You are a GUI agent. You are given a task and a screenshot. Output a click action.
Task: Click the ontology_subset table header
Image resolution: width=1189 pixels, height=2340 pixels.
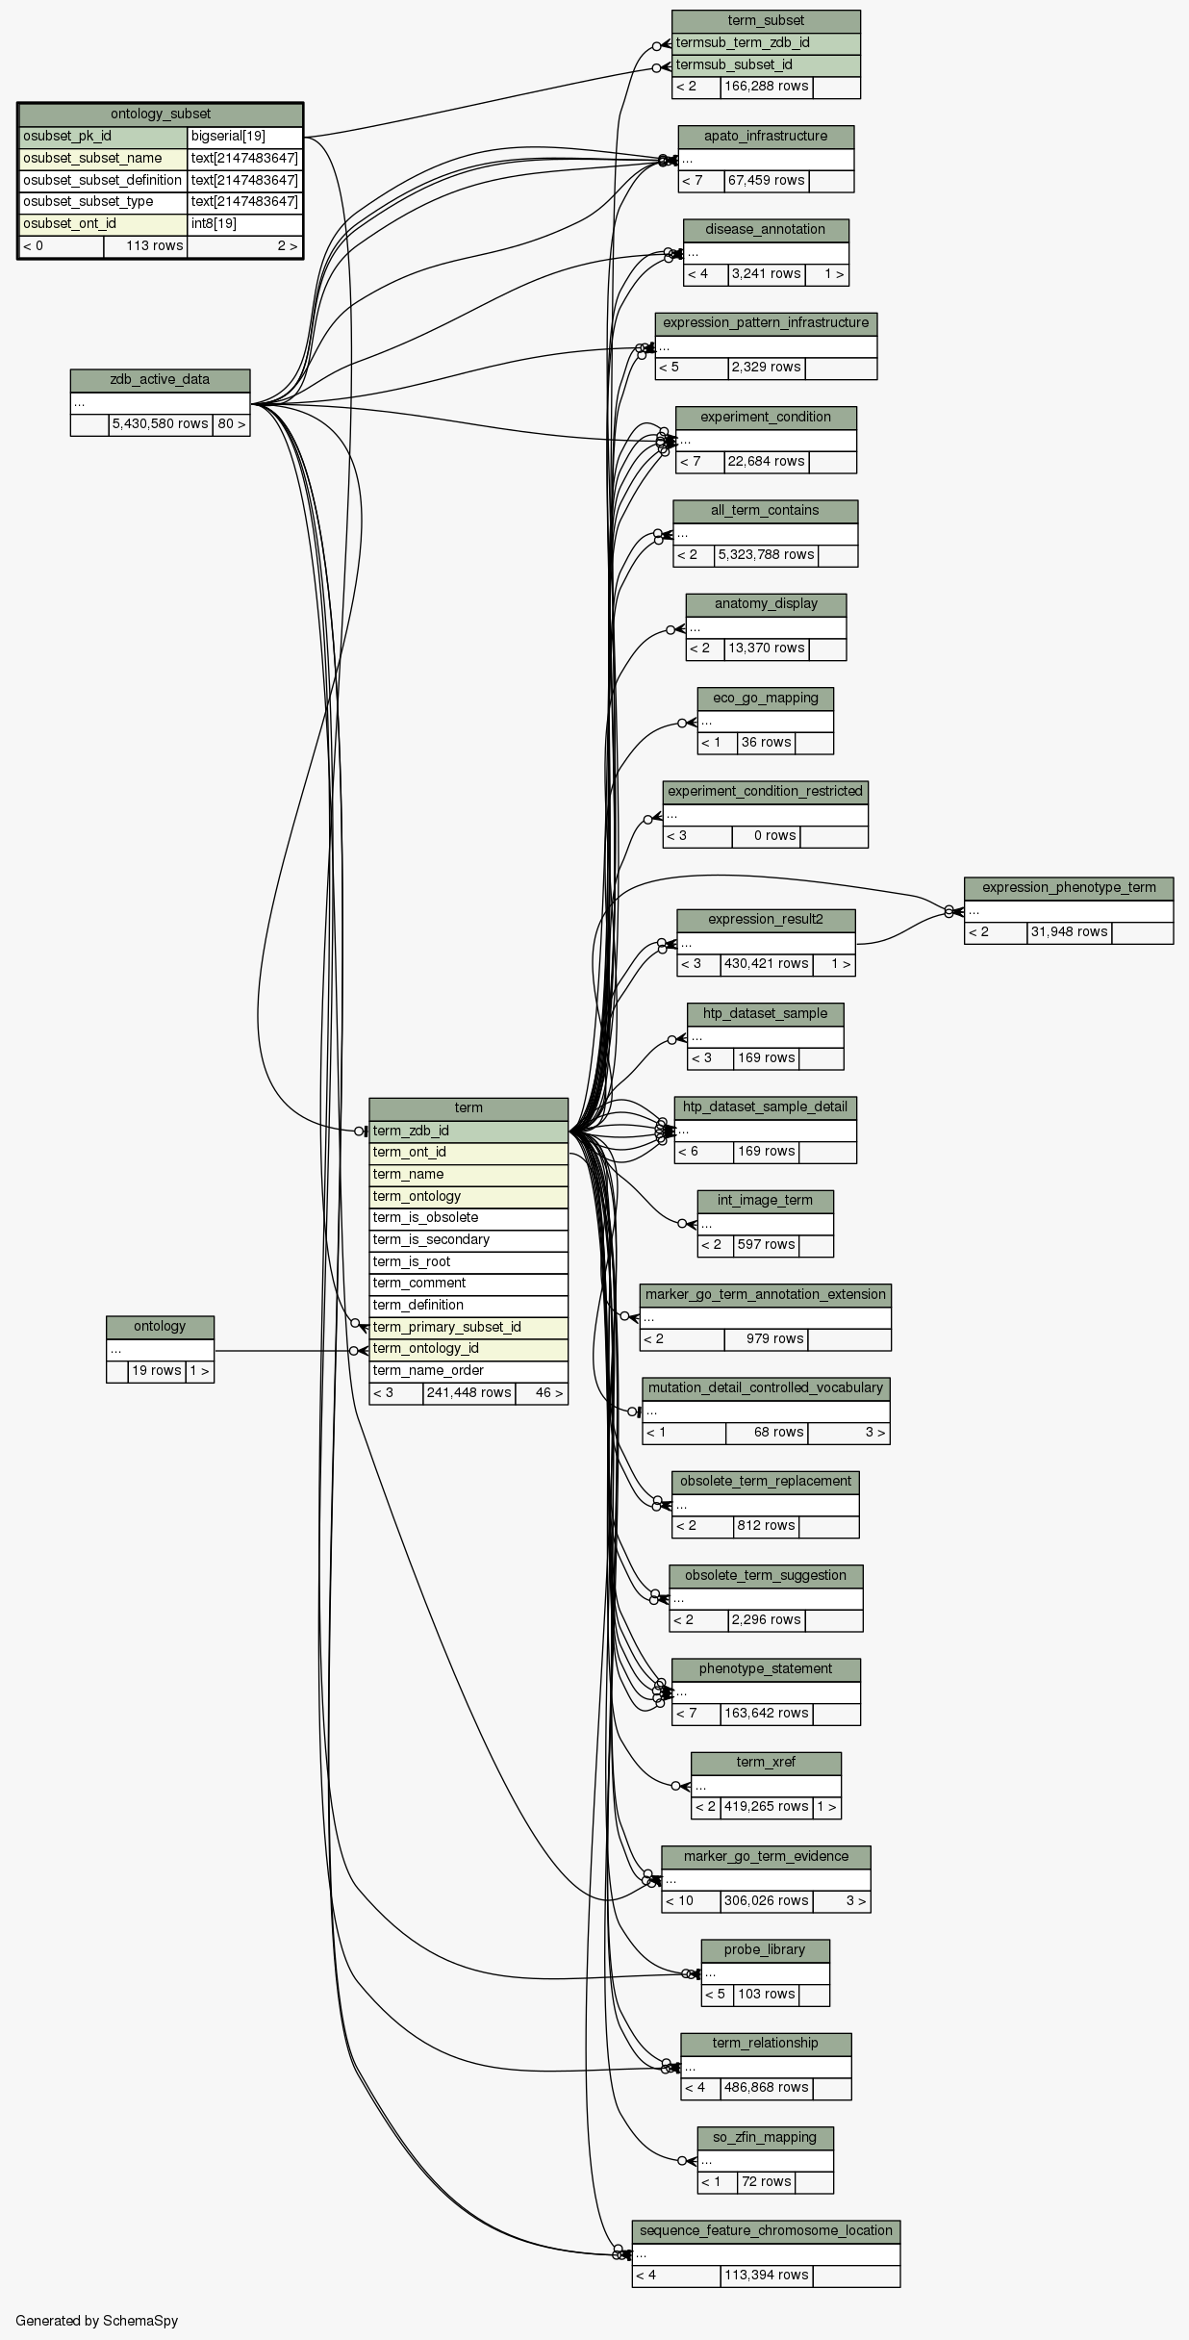point(161,114)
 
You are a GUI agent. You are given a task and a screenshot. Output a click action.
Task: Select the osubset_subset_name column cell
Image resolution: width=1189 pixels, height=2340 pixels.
point(103,158)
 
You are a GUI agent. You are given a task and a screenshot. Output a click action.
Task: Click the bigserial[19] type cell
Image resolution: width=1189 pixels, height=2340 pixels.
point(244,137)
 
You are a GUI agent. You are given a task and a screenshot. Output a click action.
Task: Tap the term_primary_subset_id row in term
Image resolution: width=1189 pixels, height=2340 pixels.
point(468,1327)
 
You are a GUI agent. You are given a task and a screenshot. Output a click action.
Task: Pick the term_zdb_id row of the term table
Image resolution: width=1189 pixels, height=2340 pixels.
point(468,1131)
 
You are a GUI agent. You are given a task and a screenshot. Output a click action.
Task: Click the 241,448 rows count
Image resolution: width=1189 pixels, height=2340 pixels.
point(468,1392)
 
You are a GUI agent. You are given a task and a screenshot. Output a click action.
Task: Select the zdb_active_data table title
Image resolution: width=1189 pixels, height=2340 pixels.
point(160,380)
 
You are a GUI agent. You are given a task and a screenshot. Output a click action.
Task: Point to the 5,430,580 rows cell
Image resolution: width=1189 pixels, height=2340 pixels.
point(160,424)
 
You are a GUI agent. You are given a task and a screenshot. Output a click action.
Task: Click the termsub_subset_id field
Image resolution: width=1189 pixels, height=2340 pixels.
point(766,64)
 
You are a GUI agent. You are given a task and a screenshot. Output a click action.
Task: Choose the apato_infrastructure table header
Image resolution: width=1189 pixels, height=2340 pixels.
point(766,137)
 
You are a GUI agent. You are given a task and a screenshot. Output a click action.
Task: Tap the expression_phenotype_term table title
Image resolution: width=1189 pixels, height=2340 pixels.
point(1068,887)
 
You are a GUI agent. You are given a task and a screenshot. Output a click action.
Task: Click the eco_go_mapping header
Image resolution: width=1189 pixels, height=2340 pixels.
point(765,698)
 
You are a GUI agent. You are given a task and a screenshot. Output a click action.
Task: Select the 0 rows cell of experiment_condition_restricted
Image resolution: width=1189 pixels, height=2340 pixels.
point(766,835)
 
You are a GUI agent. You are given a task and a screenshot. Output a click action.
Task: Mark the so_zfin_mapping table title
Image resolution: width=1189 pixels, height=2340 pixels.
point(765,2137)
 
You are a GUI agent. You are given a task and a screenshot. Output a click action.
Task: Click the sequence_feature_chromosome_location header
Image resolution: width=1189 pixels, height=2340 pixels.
point(766,2230)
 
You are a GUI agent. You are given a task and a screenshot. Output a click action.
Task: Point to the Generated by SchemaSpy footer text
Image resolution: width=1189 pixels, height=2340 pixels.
point(97,2320)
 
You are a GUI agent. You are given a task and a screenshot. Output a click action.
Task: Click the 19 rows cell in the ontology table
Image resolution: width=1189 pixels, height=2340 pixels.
point(157,1370)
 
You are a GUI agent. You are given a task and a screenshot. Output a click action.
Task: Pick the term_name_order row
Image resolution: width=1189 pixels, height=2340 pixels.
point(468,1370)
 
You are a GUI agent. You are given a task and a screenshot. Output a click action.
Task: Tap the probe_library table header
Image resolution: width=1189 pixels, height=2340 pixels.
point(765,1949)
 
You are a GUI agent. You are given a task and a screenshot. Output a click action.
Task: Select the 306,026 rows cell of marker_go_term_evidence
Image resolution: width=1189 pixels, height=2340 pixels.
point(766,1900)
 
